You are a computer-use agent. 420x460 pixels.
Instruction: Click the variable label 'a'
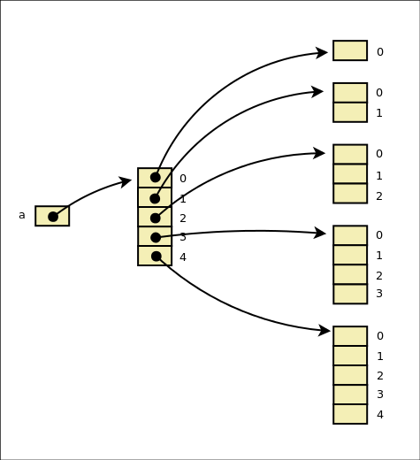coord(22,215)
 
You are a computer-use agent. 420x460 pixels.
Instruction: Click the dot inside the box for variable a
coord(53,217)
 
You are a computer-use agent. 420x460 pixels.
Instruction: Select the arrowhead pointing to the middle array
coord(126,181)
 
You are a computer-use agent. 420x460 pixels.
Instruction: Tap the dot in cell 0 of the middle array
coord(156,177)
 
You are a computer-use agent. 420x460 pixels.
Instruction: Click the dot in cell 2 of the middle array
coord(156,218)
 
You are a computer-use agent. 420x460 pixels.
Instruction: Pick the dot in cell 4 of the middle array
coord(156,257)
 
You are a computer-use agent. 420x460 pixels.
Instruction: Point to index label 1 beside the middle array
coord(183,199)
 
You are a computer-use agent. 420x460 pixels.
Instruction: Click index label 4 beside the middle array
coord(183,257)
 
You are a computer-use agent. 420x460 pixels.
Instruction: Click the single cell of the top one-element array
coord(350,50)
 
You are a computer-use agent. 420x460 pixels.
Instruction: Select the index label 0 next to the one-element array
coord(379,52)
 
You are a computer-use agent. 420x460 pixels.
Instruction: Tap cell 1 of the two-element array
coord(350,112)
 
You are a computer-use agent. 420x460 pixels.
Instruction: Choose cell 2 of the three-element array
coord(350,194)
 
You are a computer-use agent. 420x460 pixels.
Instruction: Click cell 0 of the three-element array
coord(350,154)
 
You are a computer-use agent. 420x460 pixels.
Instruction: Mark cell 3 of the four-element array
coord(350,294)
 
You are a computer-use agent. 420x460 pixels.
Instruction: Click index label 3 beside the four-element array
coord(379,294)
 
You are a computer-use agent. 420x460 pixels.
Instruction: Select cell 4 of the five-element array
coord(350,414)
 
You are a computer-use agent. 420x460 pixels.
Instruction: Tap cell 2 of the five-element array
coord(350,375)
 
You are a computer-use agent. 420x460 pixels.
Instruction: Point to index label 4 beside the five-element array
coord(379,415)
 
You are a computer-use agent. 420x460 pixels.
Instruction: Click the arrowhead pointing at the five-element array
coord(325,331)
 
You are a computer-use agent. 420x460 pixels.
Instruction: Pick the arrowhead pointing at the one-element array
coord(322,53)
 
